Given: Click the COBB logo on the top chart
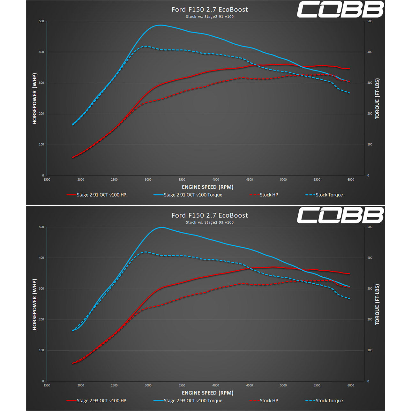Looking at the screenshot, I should [340, 10].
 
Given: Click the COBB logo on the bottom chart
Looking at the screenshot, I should [340, 215].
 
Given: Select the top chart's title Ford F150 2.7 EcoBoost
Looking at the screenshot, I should [210, 10].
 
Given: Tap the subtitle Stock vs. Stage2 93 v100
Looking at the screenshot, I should [210, 222].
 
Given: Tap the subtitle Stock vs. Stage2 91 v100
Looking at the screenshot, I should [210, 17].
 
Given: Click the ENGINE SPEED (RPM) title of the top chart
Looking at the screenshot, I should [207, 187].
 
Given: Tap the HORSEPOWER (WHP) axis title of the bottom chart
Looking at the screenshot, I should [35, 304].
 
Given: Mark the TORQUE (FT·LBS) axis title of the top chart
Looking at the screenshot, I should [377, 99].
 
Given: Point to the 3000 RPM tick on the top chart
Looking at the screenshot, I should [148, 180].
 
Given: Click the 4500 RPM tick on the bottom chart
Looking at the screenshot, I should [250, 385].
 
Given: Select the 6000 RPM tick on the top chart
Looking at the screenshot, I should [351, 180].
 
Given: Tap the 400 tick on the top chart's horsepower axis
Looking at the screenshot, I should [41, 52].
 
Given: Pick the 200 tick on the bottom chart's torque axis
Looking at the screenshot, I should [370, 319].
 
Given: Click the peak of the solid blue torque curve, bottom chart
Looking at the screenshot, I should [162, 228].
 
